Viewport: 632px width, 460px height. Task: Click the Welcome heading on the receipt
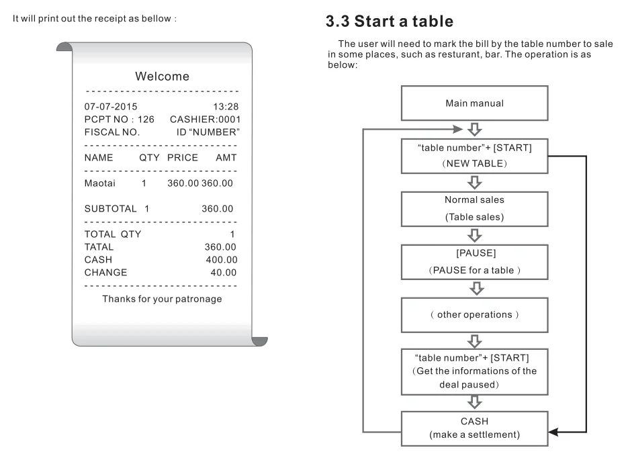pos(162,77)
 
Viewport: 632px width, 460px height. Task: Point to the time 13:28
pos(226,107)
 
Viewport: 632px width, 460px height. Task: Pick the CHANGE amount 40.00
pos(222,273)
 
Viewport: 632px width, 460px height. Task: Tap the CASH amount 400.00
pos(220,260)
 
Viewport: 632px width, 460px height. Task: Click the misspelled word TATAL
pos(99,247)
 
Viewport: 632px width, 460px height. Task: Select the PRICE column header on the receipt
pos(183,158)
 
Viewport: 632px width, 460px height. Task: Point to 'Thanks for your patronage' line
pos(162,299)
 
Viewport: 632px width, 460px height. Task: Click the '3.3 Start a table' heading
pos(390,22)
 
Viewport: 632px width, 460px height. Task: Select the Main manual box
pos(474,103)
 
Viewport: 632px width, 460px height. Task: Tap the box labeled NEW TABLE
pos(474,156)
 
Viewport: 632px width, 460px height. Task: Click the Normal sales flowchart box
pos(474,208)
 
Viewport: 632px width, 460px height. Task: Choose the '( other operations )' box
pos(474,315)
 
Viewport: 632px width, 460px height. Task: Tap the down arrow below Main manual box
pos(474,129)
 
